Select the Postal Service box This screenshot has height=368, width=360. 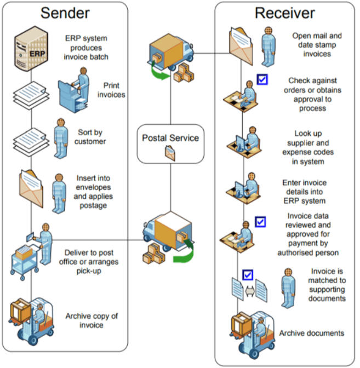click(170, 143)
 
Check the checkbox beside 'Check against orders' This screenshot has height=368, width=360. click(262, 80)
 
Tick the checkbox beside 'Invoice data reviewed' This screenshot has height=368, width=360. click(261, 222)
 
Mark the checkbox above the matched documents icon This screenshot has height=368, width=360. click(248, 275)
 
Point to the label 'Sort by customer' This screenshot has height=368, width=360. click(90, 137)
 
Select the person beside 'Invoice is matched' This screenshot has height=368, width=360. click(287, 287)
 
